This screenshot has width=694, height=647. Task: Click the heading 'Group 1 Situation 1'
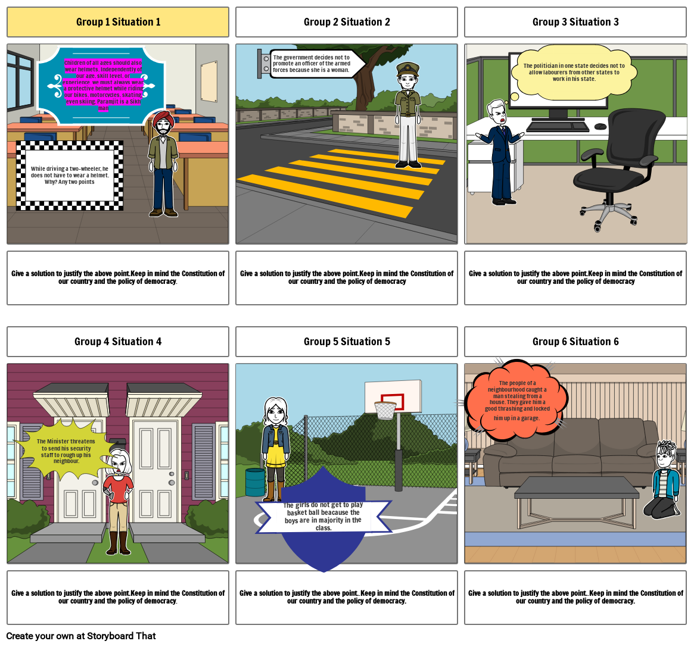click(x=118, y=22)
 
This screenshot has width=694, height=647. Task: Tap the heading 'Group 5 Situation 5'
click(x=347, y=342)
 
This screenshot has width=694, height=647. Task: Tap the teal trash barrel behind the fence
click(x=255, y=482)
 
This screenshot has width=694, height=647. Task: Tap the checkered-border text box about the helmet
click(x=70, y=175)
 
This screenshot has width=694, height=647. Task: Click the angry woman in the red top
click(x=119, y=500)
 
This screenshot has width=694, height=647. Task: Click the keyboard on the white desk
click(x=558, y=126)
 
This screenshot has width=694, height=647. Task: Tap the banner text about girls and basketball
click(x=323, y=516)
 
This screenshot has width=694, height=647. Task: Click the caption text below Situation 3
click(x=575, y=277)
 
